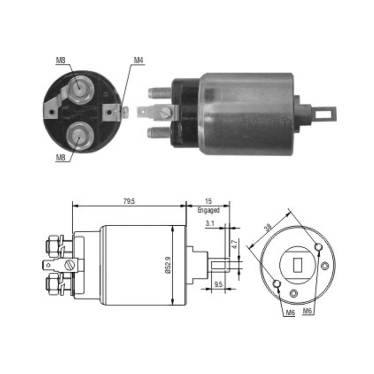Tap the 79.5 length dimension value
coord(129,201)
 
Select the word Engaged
coord(208,210)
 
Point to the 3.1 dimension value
coord(210,224)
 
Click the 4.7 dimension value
coord(234,245)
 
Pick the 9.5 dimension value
coord(219,284)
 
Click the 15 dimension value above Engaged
coord(208,201)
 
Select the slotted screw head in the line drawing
coord(70,265)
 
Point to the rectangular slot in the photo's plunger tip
coord(323,115)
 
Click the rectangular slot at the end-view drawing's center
coord(297,265)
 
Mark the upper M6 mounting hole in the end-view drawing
coord(318,247)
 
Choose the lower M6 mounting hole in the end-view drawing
coord(277,283)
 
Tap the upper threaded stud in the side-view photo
coord(160,93)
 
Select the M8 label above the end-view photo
coord(60,60)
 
